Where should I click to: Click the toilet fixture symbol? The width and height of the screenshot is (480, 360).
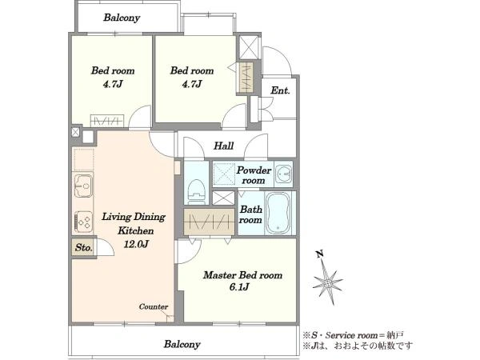click(196, 192)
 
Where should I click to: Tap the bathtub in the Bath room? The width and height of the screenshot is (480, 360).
click(278, 213)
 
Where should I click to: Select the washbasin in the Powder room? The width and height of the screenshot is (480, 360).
click(284, 174)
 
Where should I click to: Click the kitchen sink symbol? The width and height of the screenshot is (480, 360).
click(82, 186)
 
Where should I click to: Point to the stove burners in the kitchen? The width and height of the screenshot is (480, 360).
click(83, 222)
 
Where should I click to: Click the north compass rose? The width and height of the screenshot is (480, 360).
click(327, 283)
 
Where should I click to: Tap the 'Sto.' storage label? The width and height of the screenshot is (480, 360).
click(83, 247)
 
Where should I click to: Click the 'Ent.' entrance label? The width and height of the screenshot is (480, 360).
click(280, 90)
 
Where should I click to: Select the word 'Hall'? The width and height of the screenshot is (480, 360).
click(223, 146)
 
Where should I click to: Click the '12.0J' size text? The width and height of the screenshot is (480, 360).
click(136, 244)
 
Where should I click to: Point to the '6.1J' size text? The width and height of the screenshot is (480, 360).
click(239, 287)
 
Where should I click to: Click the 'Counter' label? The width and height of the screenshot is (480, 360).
click(154, 306)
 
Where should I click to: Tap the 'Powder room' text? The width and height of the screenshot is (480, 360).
click(254, 175)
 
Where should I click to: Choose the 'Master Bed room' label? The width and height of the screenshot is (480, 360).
click(242, 275)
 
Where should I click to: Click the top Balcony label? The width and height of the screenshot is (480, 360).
click(122, 18)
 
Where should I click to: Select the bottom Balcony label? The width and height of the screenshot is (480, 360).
click(182, 344)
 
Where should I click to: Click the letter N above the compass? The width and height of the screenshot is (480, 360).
click(320, 254)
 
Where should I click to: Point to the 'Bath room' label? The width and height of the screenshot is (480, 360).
click(250, 214)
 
